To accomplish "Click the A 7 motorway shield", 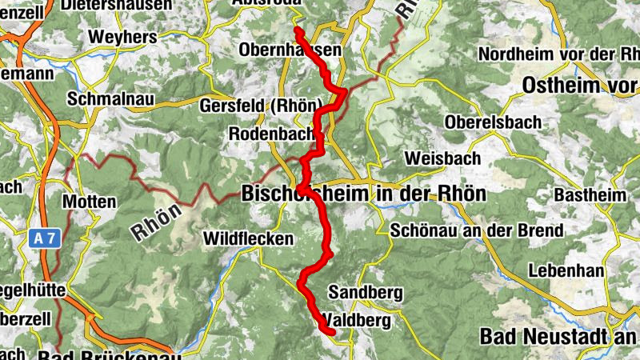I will [49, 238].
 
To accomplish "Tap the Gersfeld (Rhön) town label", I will [272, 106].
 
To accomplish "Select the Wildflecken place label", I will [249, 238].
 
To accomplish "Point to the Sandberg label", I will [366, 293].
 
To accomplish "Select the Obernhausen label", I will [290, 50].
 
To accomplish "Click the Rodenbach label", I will [271, 134].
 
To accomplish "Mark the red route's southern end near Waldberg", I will [330, 330].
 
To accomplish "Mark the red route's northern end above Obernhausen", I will [298, 30].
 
